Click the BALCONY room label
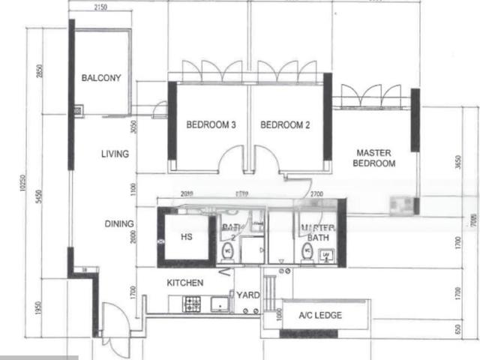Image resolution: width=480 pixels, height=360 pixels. click(101, 77)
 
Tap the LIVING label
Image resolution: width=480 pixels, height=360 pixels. click(115, 154)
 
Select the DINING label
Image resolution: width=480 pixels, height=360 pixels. click(119, 223)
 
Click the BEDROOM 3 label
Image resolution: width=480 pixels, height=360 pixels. click(211, 125)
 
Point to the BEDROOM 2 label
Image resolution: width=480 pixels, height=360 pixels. click(285, 125)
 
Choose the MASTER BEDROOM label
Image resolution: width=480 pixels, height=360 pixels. click(374, 157)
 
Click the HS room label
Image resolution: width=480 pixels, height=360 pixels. click(188, 237)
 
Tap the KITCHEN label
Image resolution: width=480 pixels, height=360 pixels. click(184, 283)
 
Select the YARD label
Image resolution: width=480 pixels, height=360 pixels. click(248, 295)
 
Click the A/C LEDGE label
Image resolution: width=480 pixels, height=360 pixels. click(320, 316)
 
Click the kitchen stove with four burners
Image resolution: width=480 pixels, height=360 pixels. click(193, 304)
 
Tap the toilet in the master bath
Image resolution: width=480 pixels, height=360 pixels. click(307, 251)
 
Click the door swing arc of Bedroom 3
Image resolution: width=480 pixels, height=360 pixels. click(232, 159)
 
